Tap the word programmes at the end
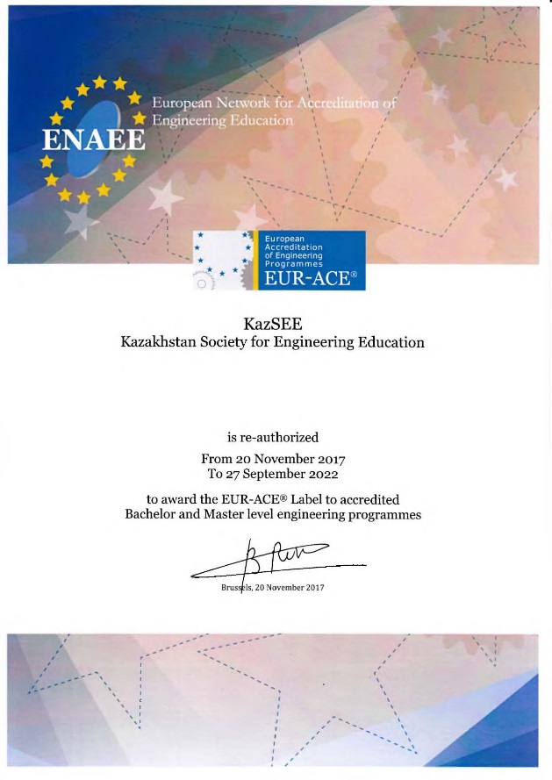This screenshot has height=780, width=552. (380, 514)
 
